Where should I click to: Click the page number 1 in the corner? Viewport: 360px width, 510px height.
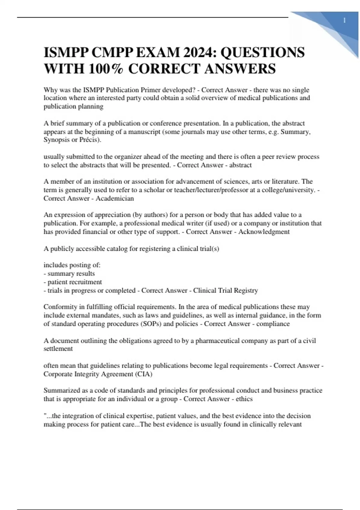pos(344,21)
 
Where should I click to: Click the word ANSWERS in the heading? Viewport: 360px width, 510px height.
pos(240,69)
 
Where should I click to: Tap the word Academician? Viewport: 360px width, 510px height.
pos(115,198)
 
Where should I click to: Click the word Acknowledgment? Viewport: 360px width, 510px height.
pos(264,232)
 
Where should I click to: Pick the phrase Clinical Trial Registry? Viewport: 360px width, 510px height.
pos(226,290)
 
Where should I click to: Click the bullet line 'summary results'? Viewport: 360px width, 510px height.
pos(71,274)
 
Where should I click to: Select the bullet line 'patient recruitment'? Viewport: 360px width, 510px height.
pos(75,282)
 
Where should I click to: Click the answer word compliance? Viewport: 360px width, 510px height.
pos(273,324)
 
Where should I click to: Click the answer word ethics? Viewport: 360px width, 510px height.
pos(244,399)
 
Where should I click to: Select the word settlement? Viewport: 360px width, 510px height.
pos(58,349)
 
